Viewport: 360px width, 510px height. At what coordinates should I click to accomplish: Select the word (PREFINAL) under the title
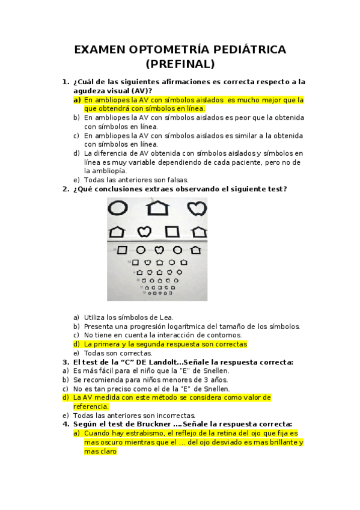point(180,64)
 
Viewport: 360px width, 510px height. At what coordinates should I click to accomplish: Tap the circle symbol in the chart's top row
point(118,208)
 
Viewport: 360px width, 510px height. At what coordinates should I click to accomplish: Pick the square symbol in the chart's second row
point(172,231)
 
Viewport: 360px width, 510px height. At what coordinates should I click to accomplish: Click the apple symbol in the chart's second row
point(144,231)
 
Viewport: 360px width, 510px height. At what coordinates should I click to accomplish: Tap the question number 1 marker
point(66,82)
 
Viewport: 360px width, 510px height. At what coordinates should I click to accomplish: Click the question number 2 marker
point(66,189)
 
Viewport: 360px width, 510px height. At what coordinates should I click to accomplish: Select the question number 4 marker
point(66,423)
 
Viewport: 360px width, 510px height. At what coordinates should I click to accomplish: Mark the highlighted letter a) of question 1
point(77,100)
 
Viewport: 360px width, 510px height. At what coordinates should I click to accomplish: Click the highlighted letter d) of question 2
point(76,345)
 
